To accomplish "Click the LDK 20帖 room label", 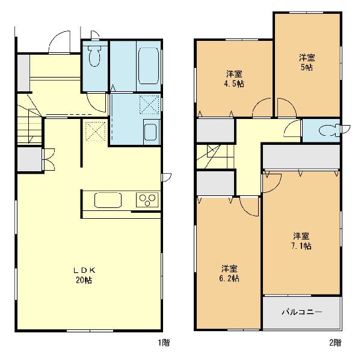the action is coord(84,275).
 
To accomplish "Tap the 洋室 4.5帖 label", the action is coord(234,79).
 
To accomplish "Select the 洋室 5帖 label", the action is coord(307,62).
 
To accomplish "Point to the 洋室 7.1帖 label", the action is coord(301,241).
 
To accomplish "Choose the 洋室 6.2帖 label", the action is coord(229,273).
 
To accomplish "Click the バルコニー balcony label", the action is coord(302,312).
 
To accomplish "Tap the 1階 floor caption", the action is coord(164,343).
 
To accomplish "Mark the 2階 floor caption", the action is coord(335,343).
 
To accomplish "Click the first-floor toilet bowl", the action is coord(94,56).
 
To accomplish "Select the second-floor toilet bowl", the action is coord(329,130).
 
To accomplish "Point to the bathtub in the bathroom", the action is coord(149,66).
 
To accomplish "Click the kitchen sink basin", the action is coord(108,200).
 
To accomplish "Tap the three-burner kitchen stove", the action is coord(147,200).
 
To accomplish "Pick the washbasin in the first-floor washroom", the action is coord(152,132).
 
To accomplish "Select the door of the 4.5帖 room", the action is coord(262,108).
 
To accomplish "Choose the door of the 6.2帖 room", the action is coord(249,206).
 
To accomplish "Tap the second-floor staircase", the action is coord(215,157).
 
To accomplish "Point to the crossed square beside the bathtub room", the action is coord(149,105).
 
